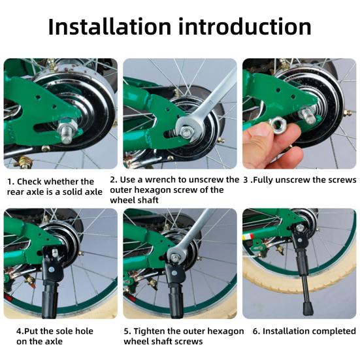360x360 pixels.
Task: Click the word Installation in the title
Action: [110, 27]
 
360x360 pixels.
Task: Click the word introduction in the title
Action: [245, 27]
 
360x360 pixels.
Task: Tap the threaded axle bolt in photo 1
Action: [67, 134]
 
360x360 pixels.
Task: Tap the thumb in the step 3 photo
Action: [259, 135]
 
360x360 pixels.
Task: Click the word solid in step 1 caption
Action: [71, 192]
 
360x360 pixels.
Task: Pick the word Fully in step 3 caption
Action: [263, 180]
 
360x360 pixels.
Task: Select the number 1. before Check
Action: [11, 182]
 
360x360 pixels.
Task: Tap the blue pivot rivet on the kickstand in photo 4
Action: [52, 269]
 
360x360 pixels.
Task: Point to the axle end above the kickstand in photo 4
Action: [54, 253]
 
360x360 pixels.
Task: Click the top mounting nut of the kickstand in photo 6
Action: [300, 228]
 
